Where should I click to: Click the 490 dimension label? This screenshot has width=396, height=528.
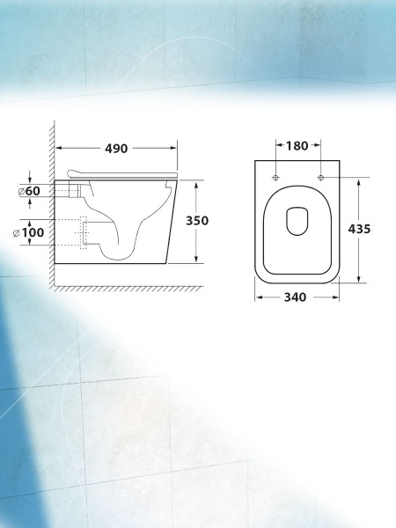pyautogui.click(x=116, y=149)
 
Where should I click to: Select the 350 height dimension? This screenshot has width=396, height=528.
pyautogui.click(x=197, y=221)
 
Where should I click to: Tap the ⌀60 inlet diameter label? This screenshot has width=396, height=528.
pyautogui.click(x=29, y=191)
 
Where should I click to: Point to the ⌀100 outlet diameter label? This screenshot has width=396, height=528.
pyautogui.click(x=29, y=232)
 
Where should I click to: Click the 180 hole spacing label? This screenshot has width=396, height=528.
pyautogui.click(x=297, y=146)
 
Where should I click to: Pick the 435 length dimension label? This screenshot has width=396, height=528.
pyautogui.click(x=359, y=229)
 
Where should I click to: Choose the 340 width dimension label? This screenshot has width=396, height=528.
pyautogui.click(x=296, y=297)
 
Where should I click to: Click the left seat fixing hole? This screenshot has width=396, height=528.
pyautogui.click(x=275, y=178)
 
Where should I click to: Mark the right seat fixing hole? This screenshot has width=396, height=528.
pyautogui.click(x=321, y=178)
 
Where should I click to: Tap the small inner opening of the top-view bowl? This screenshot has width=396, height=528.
pyautogui.click(x=297, y=221)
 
